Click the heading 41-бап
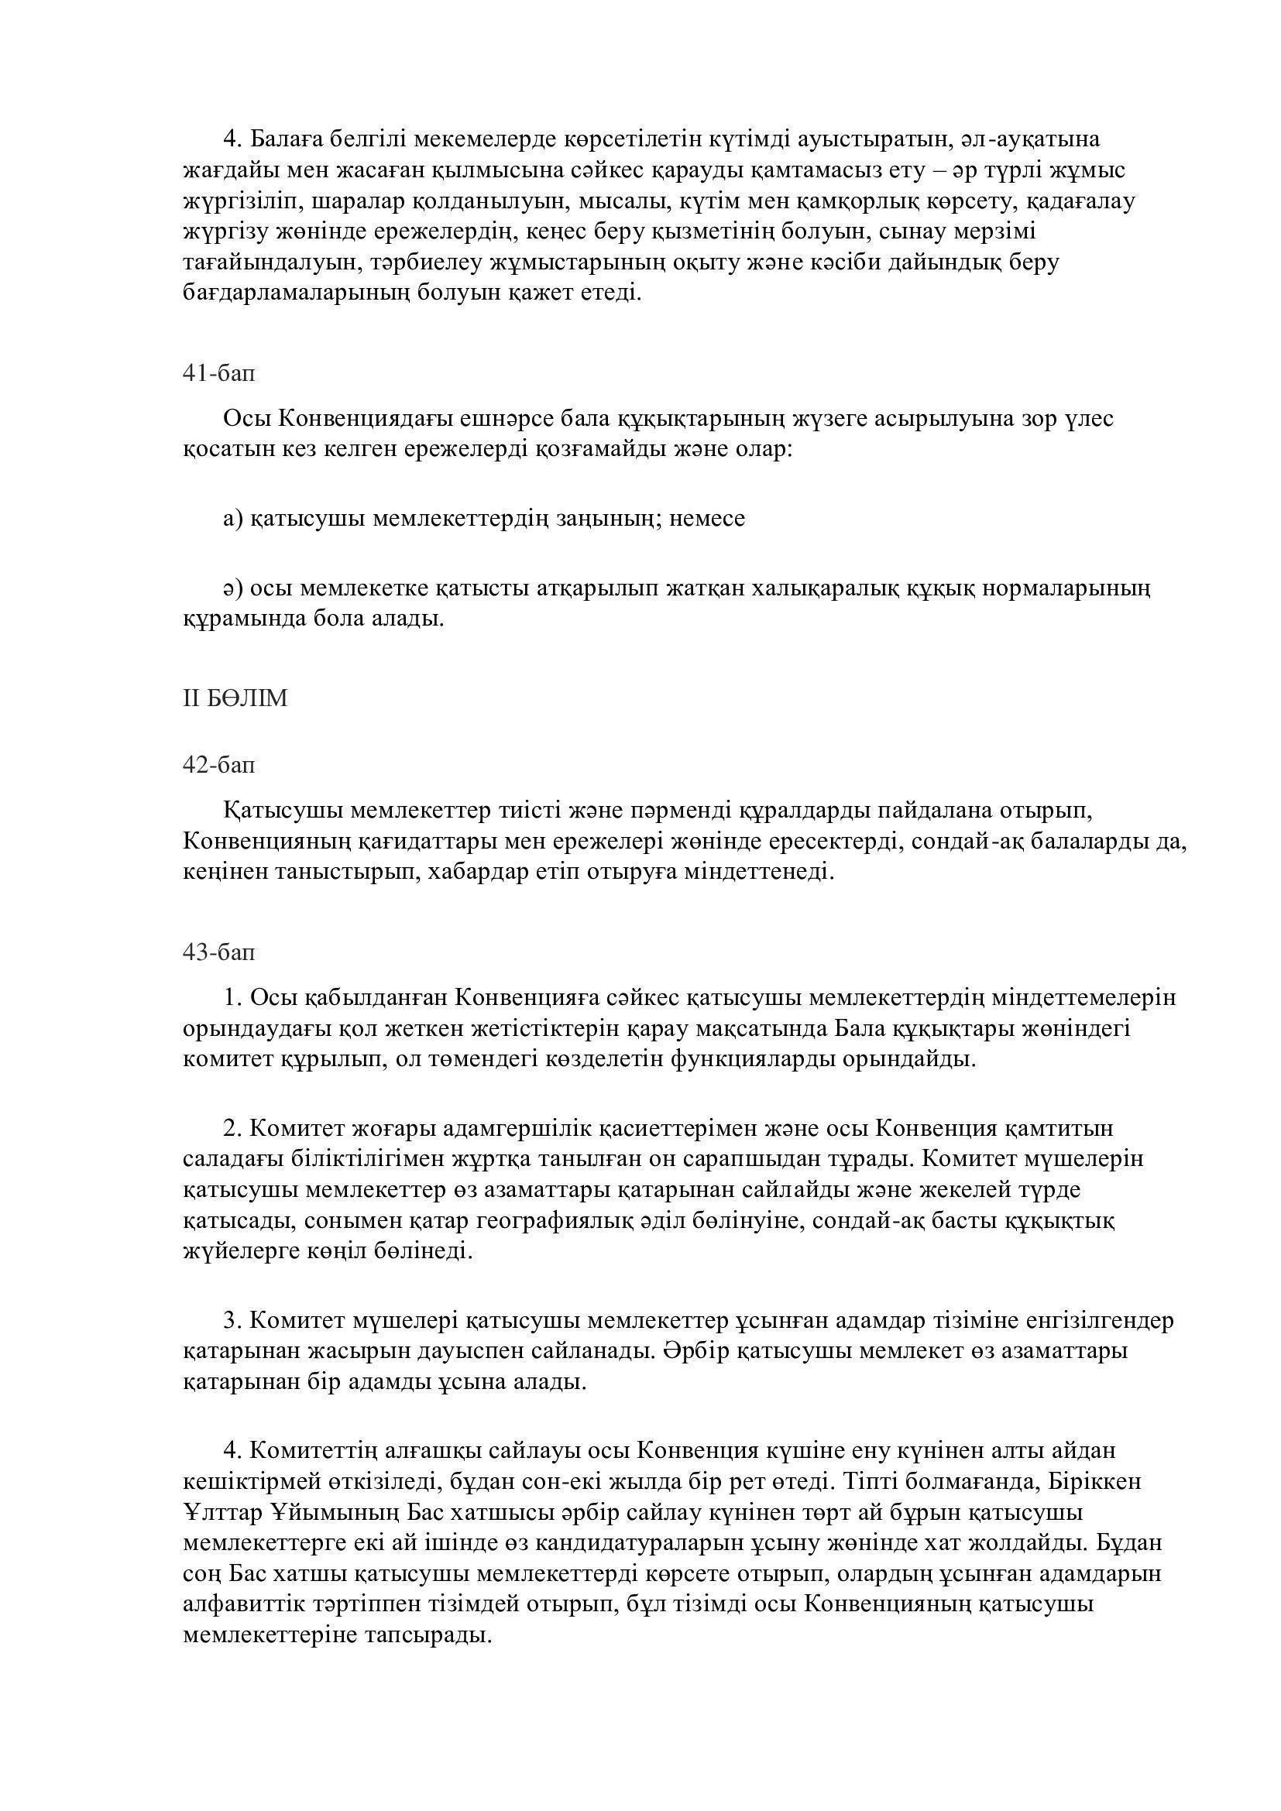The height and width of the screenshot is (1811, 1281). pyautogui.click(x=218, y=373)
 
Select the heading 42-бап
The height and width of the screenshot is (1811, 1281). pyautogui.click(x=218, y=764)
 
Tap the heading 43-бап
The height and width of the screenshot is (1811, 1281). pyautogui.click(x=218, y=953)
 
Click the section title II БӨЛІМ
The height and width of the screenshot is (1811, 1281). pyautogui.click(x=235, y=699)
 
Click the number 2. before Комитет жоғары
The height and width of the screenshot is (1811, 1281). pyautogui.click(x=232, y=1129)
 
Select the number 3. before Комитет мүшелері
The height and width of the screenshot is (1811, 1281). pyautogui.click(x=232, y=1320)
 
